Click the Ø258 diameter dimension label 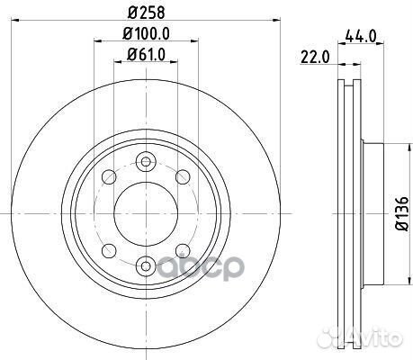tap(146, 13)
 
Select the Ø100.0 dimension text tap(146, 33)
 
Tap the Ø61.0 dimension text tap(146, 55)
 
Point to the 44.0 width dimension tap(361, 37)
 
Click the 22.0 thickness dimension tap(315, 58)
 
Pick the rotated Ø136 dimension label tap(401, 213)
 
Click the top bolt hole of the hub tap(146, 162)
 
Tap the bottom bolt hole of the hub tap(146, 265)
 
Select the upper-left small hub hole tap(109, 176)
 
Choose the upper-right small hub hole tap(183, 176)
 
